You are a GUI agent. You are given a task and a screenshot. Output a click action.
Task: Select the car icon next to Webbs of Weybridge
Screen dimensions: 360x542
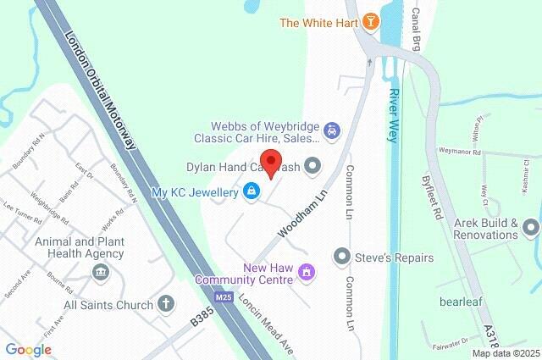(334, 130)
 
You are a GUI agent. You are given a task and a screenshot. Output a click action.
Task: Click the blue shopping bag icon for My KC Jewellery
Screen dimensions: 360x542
(251, 193)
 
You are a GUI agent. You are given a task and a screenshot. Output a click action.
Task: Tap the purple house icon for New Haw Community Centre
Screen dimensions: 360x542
(308, 272)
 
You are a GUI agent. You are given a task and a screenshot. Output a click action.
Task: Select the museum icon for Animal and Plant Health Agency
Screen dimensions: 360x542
(101, 272)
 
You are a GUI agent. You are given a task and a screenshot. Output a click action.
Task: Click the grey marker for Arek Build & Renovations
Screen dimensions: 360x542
(531, 227)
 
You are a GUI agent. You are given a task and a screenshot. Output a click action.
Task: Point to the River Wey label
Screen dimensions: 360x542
(393, 115)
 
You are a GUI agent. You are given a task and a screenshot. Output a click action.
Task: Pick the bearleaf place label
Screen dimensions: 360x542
(461, 301)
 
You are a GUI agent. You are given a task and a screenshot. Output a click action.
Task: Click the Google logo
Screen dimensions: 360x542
(28, 349)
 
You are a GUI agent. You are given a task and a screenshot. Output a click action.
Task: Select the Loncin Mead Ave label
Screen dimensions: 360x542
(265, 324)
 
